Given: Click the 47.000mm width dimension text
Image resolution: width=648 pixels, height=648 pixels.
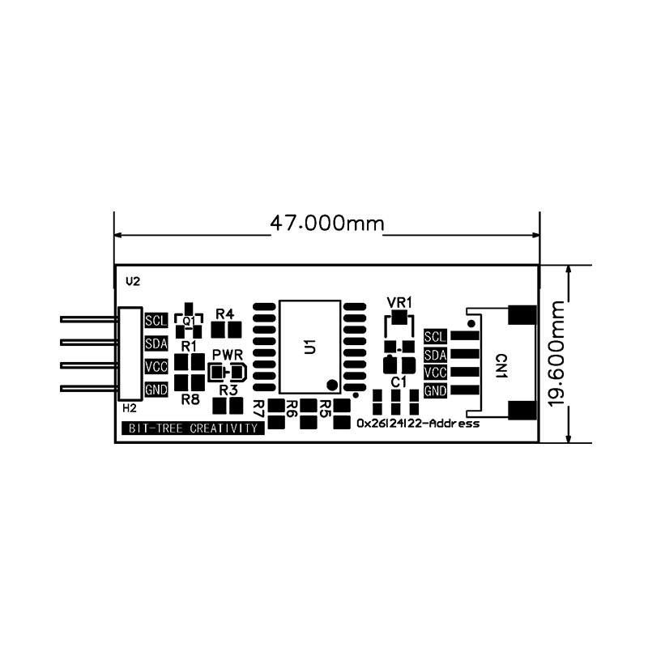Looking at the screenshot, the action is click(x=327, y=224).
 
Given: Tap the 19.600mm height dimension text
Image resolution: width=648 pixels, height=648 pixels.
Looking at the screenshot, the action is click(x=556, y=354).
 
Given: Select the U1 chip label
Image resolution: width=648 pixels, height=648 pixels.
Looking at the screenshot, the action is click(x=310, y=347).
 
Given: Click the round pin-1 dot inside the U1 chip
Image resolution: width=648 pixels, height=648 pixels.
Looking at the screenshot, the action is click(x=332, y=386).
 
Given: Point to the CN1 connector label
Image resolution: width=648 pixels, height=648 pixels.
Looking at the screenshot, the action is click(x=501, y=366).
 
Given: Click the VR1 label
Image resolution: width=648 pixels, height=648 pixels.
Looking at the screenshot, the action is click(x=399, y=302).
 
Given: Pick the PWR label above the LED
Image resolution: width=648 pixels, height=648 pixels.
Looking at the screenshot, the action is click(x=228, y=355).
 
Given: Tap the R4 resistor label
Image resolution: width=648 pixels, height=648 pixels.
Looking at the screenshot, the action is click(x=225, y=314).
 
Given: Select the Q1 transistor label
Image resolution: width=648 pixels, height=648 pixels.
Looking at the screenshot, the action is click(x=189, y=321).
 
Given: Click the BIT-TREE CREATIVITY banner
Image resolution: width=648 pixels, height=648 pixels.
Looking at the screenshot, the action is click(x=194, y=428).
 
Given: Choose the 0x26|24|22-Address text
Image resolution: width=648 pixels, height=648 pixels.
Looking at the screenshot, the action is click(x=418, y=424).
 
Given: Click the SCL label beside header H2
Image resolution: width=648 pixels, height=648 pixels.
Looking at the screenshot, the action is click(x=156, y=320).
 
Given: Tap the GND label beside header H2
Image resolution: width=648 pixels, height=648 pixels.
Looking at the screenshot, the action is click(x=156, y=390).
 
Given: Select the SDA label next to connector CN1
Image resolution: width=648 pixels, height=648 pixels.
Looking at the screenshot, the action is click(x=435, y=355).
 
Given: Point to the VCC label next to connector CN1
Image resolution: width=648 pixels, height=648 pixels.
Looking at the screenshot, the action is click(x=435, y=373).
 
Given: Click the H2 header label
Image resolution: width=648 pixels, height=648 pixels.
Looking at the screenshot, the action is click(x=130, y=408).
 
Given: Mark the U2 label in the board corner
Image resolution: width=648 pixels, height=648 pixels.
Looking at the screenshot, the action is click(x=133, y=282).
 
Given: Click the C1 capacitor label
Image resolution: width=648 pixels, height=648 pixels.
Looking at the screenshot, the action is click(x=399, y=382).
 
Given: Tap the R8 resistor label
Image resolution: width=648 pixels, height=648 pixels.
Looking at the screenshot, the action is click(x=190, y=399).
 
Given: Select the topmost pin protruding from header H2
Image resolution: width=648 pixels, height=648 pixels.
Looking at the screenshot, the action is click(x=89, y=319).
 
